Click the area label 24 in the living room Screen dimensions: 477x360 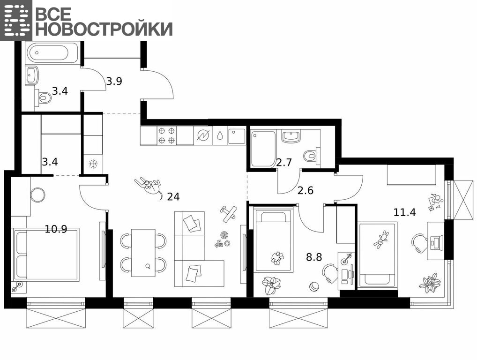pos(173,196)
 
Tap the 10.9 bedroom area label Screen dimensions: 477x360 pos(56,229)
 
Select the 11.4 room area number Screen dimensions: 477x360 pos(404,212)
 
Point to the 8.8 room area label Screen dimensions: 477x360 pos(314,257)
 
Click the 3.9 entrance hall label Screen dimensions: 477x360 pos(114,81)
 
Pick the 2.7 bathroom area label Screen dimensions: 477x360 pos(284,163)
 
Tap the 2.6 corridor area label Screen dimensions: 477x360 pos(305,190)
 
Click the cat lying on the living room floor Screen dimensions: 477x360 pos(149,187)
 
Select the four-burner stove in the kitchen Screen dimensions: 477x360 pos(167,135)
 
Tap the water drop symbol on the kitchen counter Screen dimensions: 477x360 pos(220,136)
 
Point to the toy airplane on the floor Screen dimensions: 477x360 pos(229,214)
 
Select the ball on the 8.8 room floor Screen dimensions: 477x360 pos(313,287)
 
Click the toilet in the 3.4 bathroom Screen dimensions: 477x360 pos(43,97)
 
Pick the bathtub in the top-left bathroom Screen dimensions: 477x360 pos(52,53)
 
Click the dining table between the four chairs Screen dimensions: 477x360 pos(143,253)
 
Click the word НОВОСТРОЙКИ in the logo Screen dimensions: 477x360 pos(104,29)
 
